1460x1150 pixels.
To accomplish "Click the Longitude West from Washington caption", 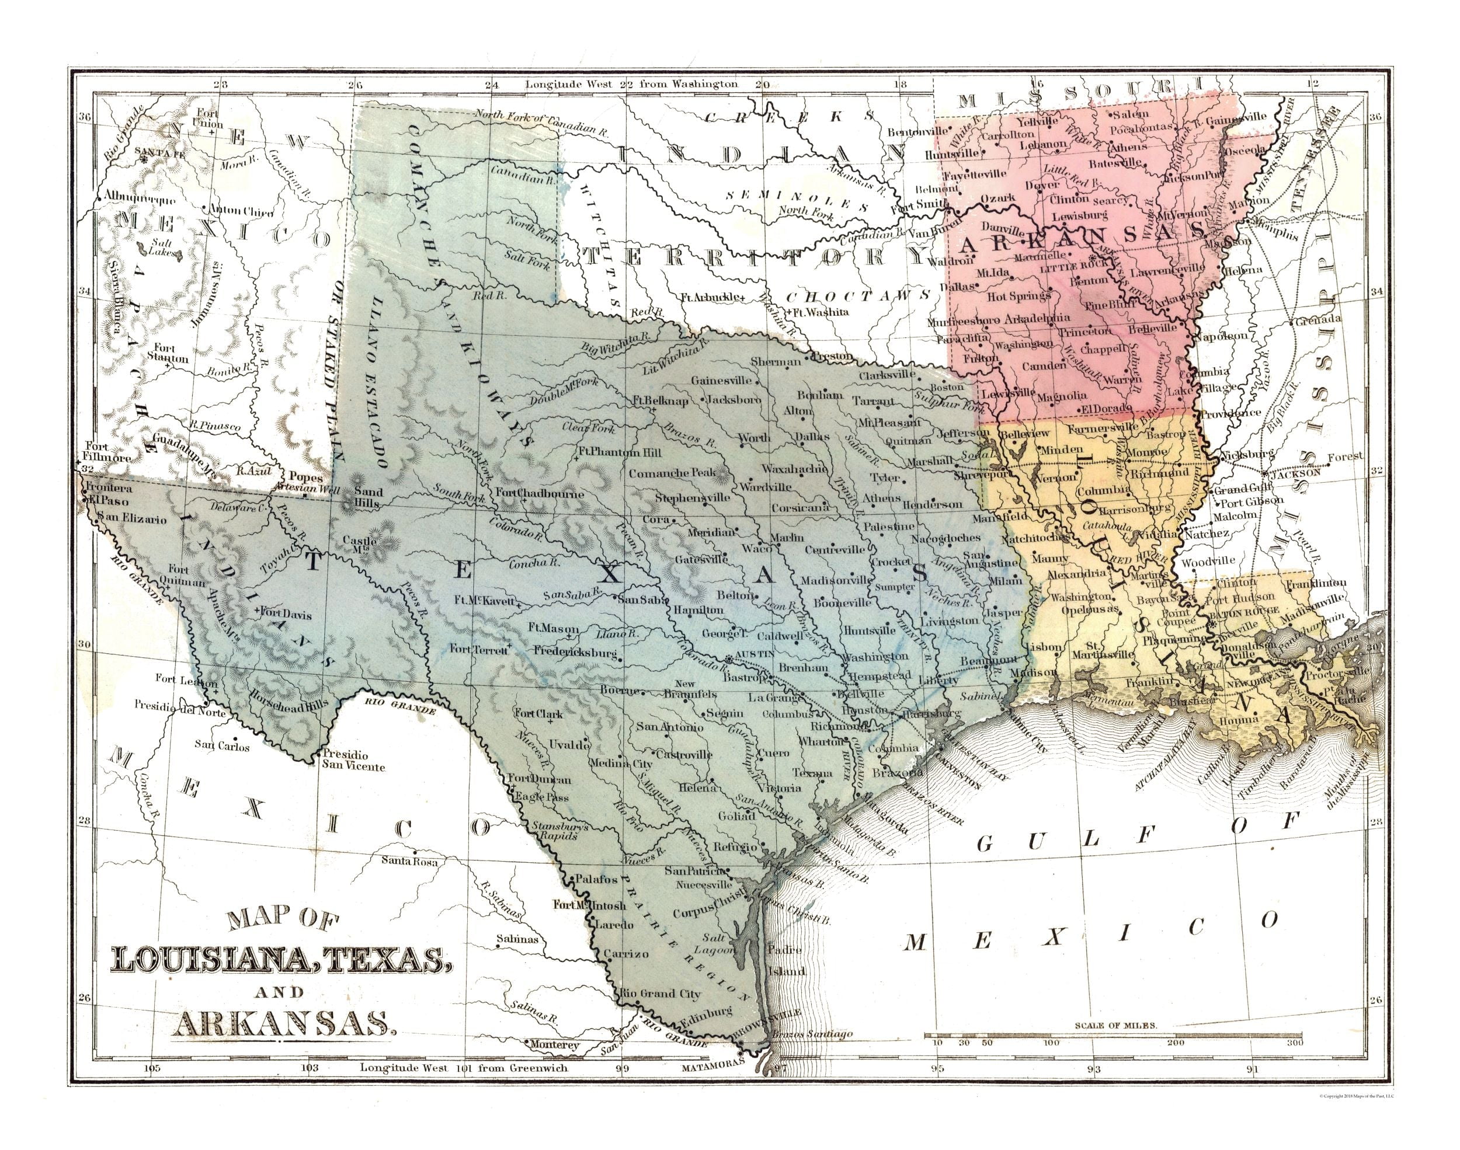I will (x=632, y=84).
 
